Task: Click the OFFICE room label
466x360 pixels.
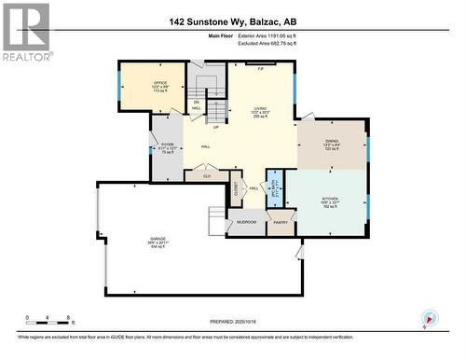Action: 159,83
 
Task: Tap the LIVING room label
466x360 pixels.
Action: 260,108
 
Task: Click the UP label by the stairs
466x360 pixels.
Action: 215,127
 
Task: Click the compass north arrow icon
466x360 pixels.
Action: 428,319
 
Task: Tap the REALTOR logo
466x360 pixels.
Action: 25,31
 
